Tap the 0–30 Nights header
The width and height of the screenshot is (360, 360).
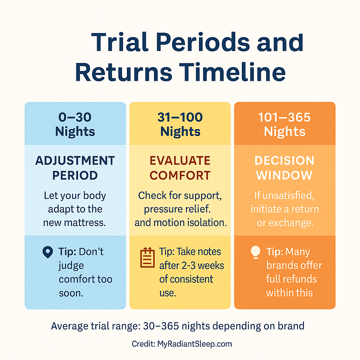[75, 124]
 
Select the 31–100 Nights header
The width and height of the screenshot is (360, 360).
[180, 124]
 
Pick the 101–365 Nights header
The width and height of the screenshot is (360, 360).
[284, 124]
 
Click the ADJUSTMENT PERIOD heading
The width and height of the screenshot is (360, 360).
[75, 168]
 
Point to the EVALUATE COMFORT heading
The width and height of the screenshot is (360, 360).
[180, 168]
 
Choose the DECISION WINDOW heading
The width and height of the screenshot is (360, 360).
[284, 168]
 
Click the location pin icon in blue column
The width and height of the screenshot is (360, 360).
[47, 252]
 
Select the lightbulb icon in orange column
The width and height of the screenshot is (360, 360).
[255, 252]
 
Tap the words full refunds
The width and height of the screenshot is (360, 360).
[291, 279]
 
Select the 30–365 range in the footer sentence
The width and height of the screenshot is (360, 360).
[162, 326]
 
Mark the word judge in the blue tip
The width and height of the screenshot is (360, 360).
[71, 265]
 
